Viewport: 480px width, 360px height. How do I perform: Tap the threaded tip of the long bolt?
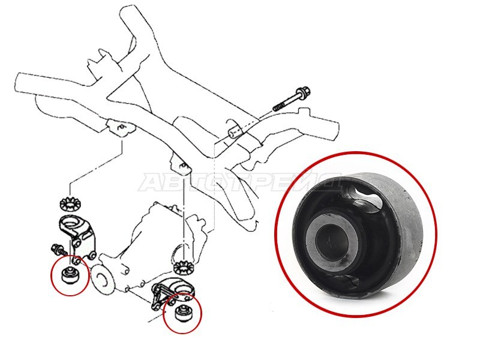278,107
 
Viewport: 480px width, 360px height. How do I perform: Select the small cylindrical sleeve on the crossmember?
235,131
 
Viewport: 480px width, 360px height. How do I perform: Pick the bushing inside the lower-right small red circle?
182,312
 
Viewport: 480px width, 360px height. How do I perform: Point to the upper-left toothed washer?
69,205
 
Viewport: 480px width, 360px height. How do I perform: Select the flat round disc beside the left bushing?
103,280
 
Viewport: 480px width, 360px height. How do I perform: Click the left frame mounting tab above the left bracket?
121,128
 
